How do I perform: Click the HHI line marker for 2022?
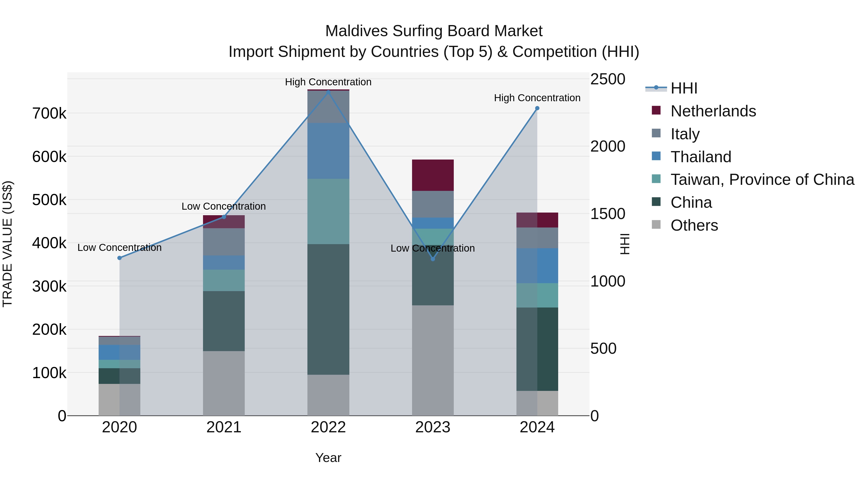click(x=328, y=92)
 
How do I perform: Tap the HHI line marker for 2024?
click(x=537, y=108)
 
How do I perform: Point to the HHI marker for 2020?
click(x=119, y=258)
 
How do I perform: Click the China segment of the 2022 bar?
click(x=328, y=309)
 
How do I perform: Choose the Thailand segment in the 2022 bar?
click(x=328, y=151)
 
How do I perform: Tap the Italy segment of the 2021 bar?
click(x=224, y=242)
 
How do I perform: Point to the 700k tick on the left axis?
click(x=49, y=114)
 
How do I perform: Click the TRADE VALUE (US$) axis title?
click(x=7, y=244)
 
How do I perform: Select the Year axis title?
click(x=328, y=458)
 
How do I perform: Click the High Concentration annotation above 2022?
click(x=328, y=82)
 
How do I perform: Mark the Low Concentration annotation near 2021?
click(x=224, y=206)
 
